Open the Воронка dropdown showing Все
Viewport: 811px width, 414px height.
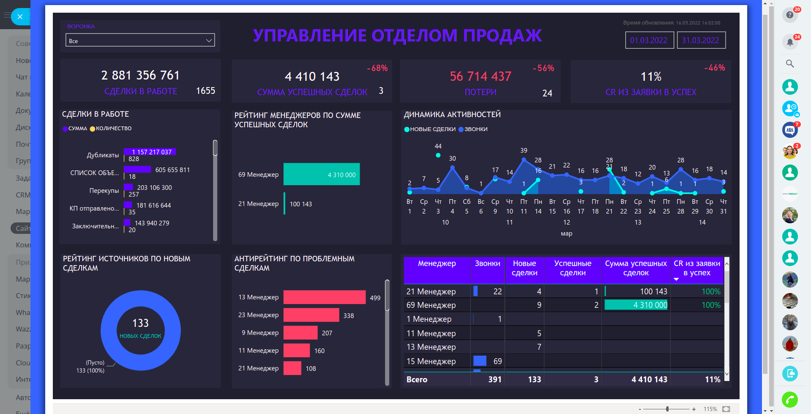pyautogui.click(x=140, y=41)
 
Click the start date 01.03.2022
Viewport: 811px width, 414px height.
pyautogui.click(x=649, y=40)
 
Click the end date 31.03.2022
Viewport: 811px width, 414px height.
pyautogui.click(x=700, y=40)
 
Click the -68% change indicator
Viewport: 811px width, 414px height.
pyautogui.click(x=377, y=68)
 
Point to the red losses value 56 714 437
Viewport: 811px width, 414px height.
pyautogui.click(x=481, y=76)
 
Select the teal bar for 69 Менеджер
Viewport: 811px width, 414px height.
pyautogui.click(x=321, y=174)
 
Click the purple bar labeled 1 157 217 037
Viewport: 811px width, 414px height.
pyautogui.click(x=150, y=152)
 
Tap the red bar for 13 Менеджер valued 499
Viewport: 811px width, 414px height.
pyautogui.click(x=324, y=297)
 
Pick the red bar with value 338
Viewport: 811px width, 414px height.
pyautogui.click(x=311, y=315)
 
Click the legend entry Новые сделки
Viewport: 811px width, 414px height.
pyautogui.click(x=427, y=129)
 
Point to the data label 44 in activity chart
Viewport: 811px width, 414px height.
pyautogui.click(x=438, y=146)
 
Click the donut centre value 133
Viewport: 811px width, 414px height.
pyautogui.click(x=140, y=324)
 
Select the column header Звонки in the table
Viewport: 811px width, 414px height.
pyautogui.click(x=487, y=263)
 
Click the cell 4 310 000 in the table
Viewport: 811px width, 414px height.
pyautogui.click(x=636, y=305)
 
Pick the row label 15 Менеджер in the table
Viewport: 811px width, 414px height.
pyautogui.click(x=431, y=361)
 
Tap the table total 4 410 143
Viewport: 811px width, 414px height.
pyautogui.click(x=649, y=379)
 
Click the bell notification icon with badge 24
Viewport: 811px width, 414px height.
pyautogui.click(x=789, y=42)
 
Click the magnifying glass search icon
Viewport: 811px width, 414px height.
pyautogui.click(x=789, y=64)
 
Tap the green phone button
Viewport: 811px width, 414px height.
pyautogui.click(x=789, y=400)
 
